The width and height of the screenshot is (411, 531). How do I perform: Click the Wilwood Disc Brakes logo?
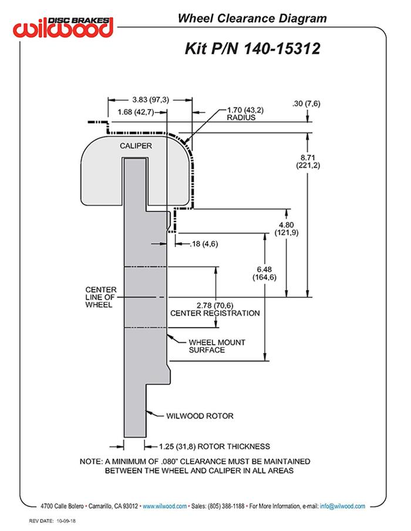[64, 27]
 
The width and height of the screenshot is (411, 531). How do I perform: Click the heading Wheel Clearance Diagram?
[252, 19]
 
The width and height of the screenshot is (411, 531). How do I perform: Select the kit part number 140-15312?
[252, 47]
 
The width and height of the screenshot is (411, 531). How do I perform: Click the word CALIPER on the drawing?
[136, 145]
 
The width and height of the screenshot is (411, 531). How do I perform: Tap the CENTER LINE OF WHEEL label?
[101, 297]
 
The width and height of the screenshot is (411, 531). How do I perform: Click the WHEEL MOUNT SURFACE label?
[217, 346]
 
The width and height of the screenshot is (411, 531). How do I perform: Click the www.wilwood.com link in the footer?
[165, 506]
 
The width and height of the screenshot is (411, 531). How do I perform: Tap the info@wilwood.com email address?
[343, 506]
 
